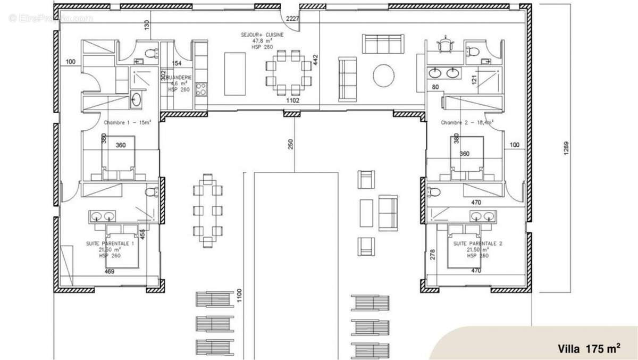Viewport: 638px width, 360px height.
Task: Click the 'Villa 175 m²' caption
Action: tap(589, 349)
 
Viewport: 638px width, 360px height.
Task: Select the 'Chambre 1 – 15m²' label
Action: tap(128, 122)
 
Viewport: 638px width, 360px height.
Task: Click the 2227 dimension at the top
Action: tap(293, 19)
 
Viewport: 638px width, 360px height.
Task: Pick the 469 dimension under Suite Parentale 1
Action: tap(110, 271)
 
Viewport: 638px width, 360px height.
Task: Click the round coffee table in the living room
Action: tap(384, 76)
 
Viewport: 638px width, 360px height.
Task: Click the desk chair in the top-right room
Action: tap(444, 44)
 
